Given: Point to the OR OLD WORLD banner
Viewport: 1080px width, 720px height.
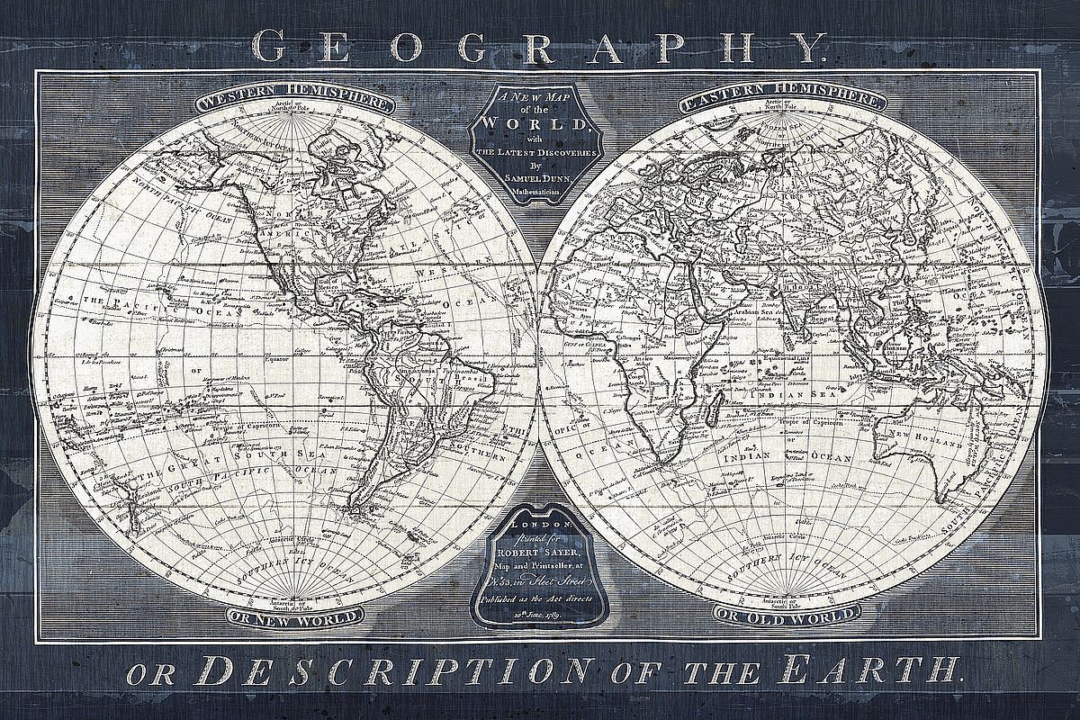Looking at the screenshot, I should pyautogui.click(x=782, y=616).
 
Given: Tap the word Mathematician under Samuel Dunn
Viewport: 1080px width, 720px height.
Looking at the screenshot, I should pyautogui.click(x=540, y=190).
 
